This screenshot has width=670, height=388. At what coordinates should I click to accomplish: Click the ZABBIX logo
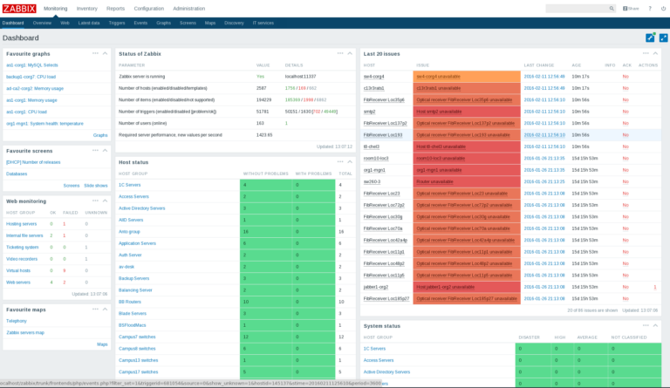[18, 8]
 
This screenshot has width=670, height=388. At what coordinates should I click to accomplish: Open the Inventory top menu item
[87, 8]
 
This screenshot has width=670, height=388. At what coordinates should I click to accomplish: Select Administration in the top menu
[189, 8]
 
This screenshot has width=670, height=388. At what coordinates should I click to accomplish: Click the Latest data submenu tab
[89, 23]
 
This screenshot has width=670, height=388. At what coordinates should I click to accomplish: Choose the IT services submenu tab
[263, 23]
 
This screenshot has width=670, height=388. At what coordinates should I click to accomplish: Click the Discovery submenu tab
[234, 23]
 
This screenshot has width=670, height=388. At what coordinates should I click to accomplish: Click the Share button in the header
[631, 8]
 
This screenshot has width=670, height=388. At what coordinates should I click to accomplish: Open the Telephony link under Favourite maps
[17, 321]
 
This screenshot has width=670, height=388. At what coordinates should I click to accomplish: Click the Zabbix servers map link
[25, 332]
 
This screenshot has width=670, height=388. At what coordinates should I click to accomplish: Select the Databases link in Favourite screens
[17, 174]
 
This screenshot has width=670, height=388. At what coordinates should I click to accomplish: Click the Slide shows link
[96, 185]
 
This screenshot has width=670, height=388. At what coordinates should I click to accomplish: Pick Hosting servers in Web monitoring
[22, 224]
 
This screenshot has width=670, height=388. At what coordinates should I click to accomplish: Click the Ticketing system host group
[23, 247]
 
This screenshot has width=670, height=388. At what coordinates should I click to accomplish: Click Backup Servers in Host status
[133, 278]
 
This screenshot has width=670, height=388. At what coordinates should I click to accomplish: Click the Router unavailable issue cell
[434, 181]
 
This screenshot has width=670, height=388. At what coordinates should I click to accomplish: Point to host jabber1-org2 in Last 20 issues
[376, 287]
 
